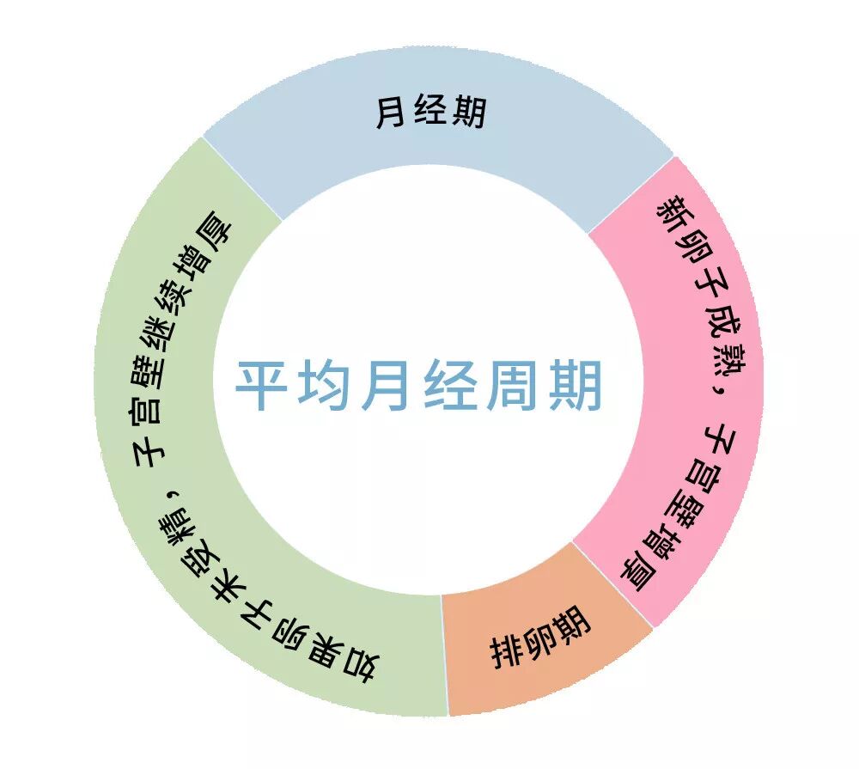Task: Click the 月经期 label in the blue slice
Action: [x=431, y=113]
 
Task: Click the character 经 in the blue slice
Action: [x=431, y=113]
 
